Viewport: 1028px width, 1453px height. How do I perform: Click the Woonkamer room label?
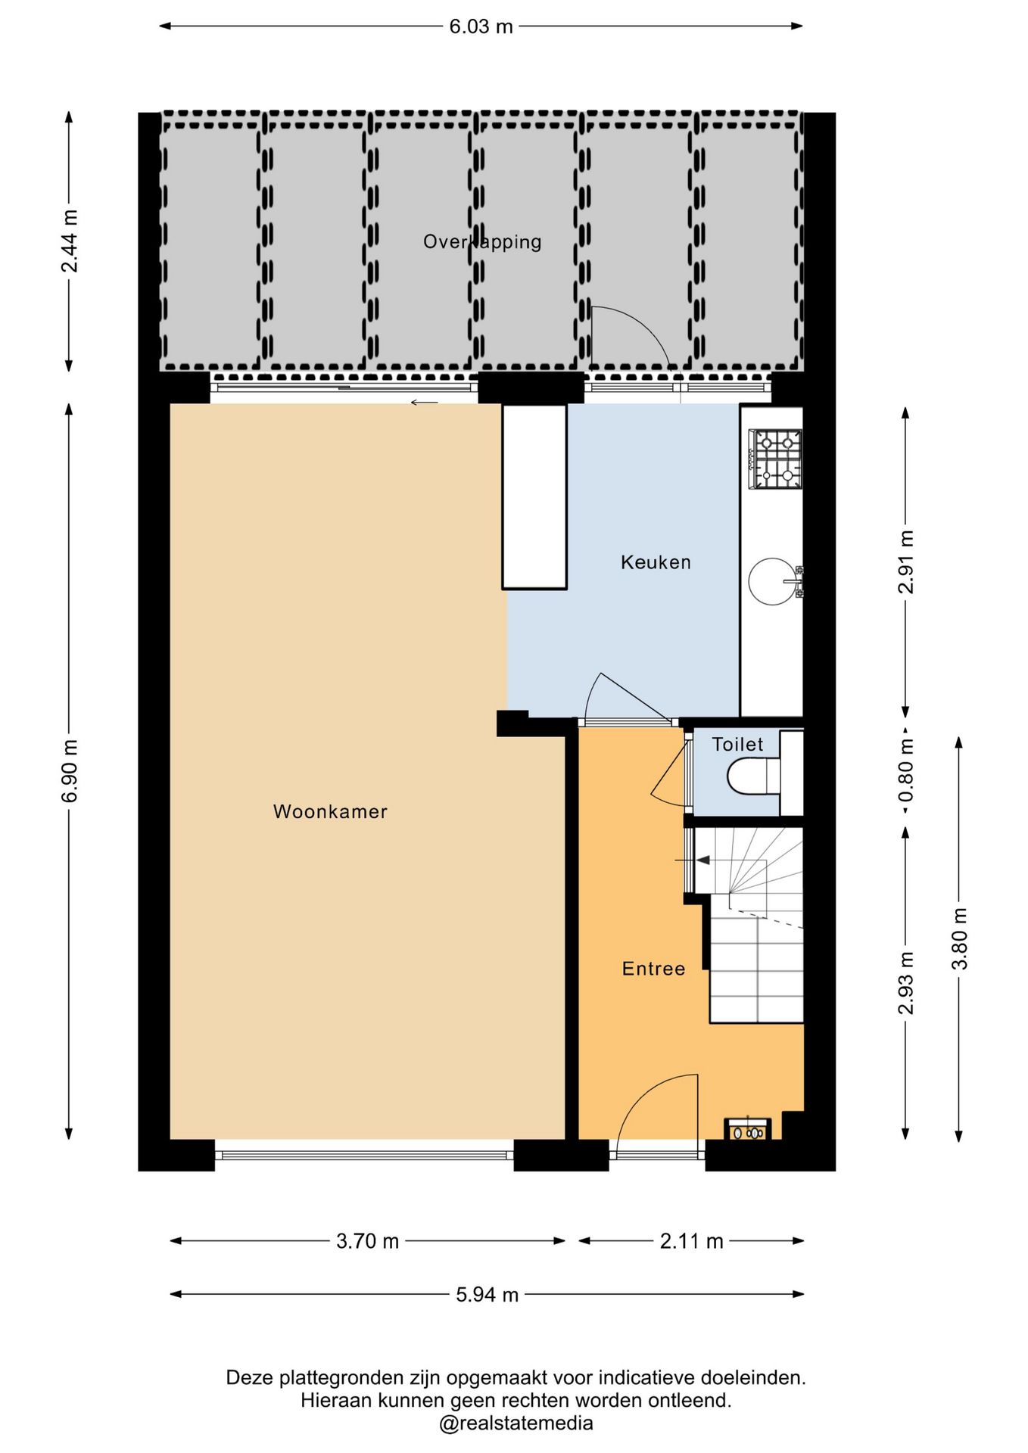tap(330, 811)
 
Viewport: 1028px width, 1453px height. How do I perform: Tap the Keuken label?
tap(656, 562)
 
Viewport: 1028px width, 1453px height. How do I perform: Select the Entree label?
tap(653, 969)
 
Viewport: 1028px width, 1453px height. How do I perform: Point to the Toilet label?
tap(737, 744)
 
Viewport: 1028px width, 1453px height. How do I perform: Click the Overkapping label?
tap(482, 242)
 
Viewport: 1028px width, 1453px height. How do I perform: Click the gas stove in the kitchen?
tap(775, 459)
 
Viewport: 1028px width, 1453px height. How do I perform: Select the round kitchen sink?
tap(773, 582)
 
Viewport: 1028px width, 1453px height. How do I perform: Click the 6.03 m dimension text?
tap(481, 26)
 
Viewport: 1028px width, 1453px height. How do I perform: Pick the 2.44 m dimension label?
tap(70, 241)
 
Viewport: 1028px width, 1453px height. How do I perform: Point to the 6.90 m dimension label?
tap(70, 770)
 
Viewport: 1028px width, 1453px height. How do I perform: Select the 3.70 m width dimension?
tap(367, 1241)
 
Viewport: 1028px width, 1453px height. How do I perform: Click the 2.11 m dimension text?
tap(691, 1241)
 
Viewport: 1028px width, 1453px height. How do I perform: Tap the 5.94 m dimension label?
tap(487, 1295)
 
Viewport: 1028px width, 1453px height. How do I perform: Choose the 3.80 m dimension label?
tap(960, 938)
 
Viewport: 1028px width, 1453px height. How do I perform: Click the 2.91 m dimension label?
tap(906, 562)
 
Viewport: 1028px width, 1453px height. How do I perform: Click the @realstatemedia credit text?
tap(516, 1423)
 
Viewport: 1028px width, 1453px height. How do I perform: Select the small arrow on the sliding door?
tap(424, 403)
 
